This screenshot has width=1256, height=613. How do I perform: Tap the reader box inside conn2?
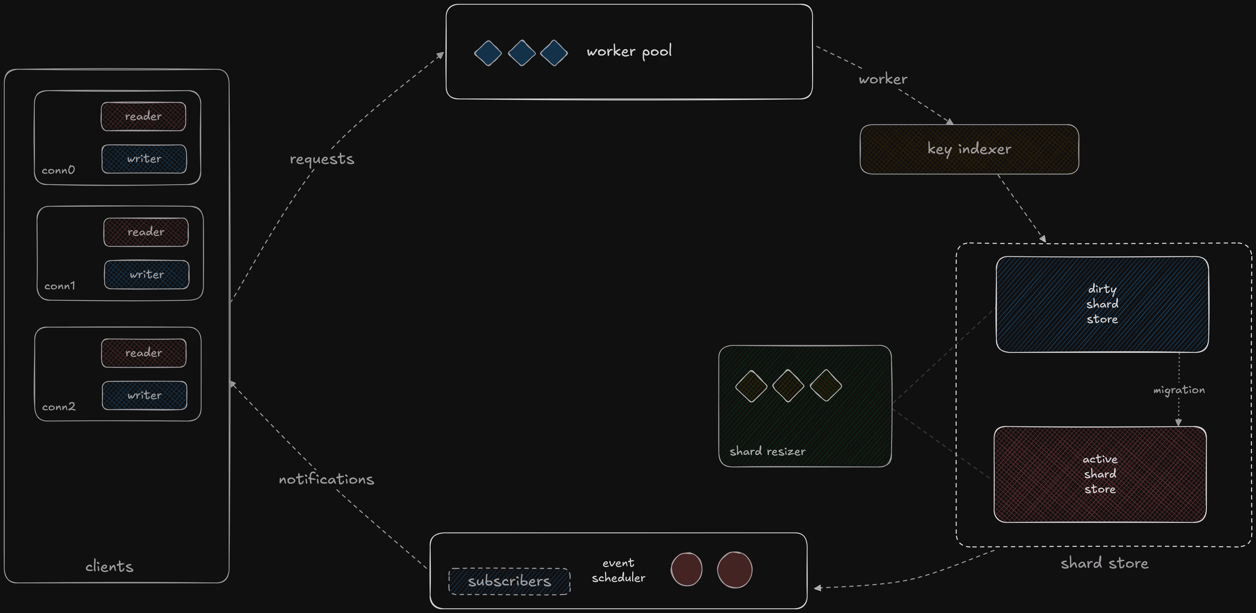click(x=144, y=353)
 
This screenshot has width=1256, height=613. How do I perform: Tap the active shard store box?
click(x=1100, y=474)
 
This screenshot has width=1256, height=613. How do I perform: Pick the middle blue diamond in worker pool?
click(x=522, y=53)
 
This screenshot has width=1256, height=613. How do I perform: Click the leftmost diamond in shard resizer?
click(x=751, y=386)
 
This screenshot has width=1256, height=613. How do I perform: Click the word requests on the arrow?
click(x=322, y=159)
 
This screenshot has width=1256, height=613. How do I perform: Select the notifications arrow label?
click(x=326, y=479)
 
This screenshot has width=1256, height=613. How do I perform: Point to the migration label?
click(x=1179, y=390)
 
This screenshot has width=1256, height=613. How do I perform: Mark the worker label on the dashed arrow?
click(x=883, y=79)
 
